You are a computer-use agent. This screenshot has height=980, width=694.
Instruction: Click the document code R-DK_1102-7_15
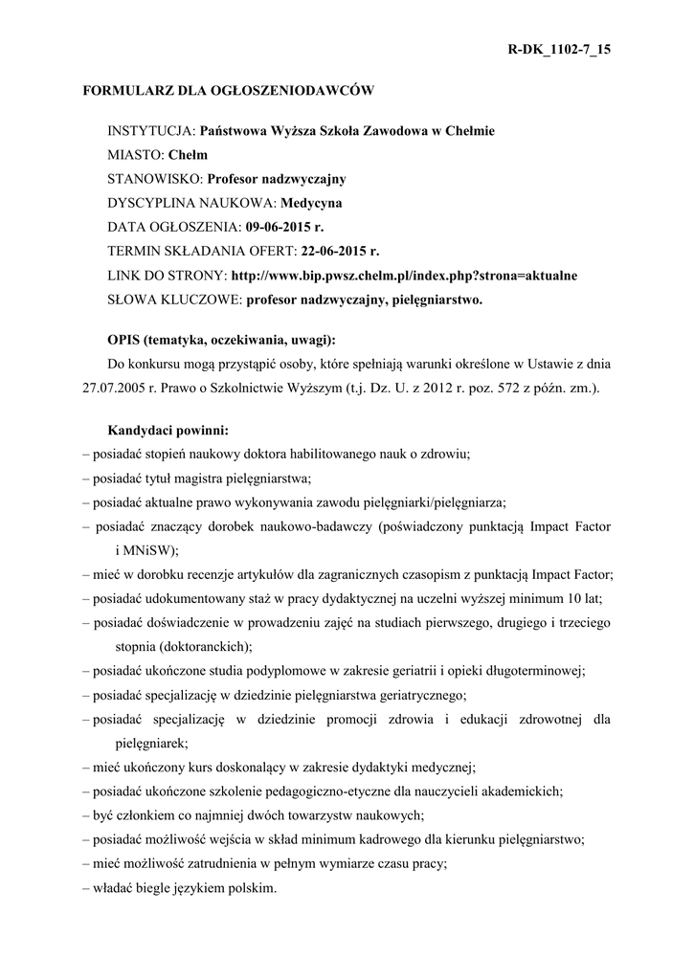(x=557, y=50)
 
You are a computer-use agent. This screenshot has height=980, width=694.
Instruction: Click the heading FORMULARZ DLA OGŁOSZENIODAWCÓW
(x=227, y=91)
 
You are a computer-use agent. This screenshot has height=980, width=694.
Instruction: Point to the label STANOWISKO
(x=154, y=179)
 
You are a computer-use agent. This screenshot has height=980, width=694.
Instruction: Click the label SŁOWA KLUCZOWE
(x=174, y=299)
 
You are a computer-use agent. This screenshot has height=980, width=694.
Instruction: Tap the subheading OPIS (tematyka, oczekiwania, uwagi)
(x=221, y=340)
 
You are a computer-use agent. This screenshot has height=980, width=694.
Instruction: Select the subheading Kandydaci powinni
(x=168, y=430)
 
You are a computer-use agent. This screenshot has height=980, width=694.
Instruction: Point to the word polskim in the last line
(x=246, y=887)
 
